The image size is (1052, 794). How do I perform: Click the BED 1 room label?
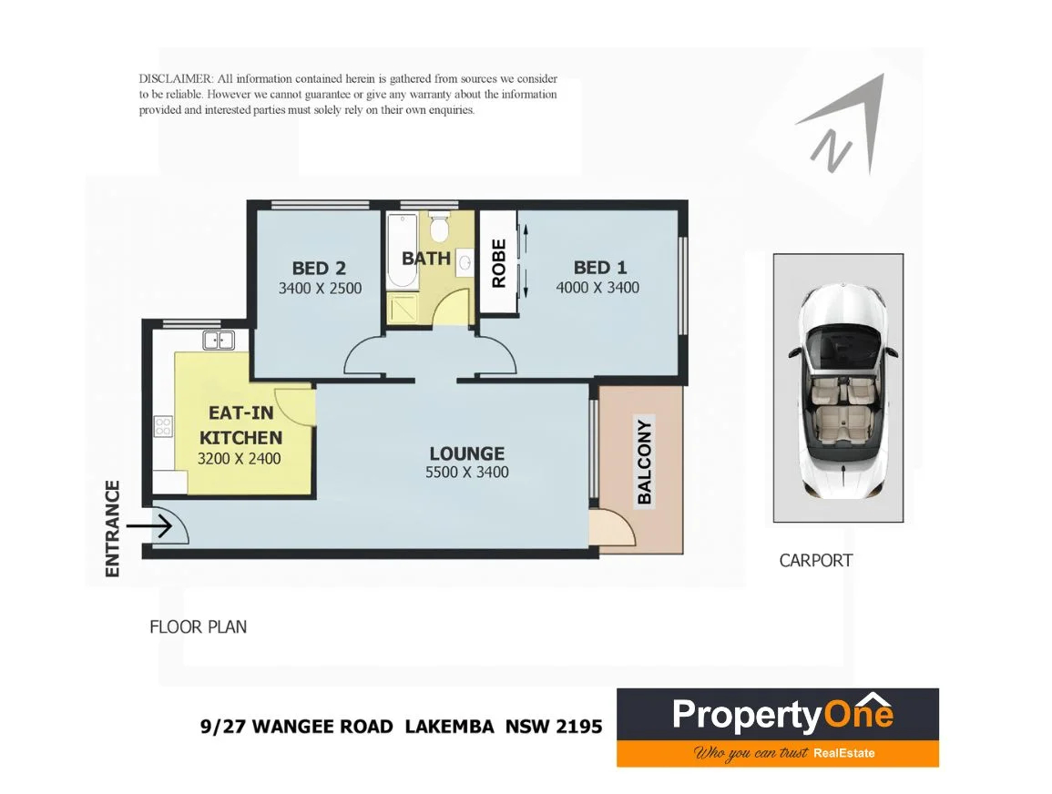[x=599, y=268]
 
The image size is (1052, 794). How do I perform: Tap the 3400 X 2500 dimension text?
[x=320, y=289]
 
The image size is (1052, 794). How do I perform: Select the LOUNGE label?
[x=466, y=453]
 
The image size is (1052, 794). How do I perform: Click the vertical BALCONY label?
[x=645, y=462]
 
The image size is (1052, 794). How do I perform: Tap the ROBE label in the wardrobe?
[x=498, y=263]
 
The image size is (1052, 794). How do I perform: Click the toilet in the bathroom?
[x=439, y=227]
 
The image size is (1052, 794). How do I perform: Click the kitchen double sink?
[x=219, y=341]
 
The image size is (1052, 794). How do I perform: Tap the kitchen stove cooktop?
[x=164, y=425]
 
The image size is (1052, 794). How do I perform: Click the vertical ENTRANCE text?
[x=113, y=528]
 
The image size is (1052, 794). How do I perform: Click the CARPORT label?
[x=815, y=560]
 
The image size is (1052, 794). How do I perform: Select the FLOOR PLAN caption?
[x=198, y=626]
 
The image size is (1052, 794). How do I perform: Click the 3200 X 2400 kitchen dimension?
[x=239, y=458]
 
